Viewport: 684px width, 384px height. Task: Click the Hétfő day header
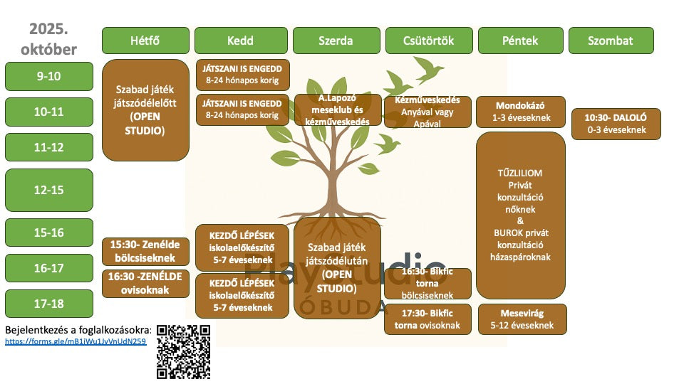pos(145,41)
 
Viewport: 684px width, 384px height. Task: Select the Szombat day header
pos(610,41)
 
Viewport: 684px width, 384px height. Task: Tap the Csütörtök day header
pos(428,41)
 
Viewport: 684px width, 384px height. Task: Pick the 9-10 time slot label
pos(49,76)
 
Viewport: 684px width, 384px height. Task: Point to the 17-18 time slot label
pos(49,304)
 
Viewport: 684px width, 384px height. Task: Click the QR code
pos(184,351)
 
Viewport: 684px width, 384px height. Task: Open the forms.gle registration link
pos(76,341)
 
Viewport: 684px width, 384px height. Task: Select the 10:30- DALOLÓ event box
pos(616,124)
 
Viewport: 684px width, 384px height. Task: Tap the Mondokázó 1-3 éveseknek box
pos(520,112)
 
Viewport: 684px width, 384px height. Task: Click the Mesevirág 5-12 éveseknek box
pos(522,319)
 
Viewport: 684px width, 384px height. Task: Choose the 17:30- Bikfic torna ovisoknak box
pos(427,319)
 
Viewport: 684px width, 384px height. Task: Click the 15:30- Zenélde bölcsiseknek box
pos(145,250)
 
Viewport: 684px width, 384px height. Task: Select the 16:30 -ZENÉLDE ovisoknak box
pos(145,283)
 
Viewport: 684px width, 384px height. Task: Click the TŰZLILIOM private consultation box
pos(520,215)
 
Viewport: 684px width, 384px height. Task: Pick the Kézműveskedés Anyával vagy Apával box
pos(427,112)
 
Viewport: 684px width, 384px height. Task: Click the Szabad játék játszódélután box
pos(337,267)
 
